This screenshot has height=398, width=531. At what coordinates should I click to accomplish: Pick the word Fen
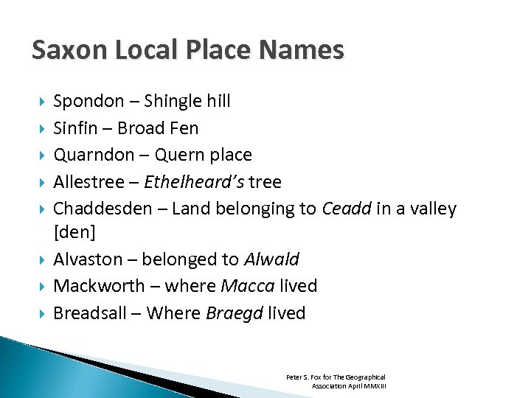184,128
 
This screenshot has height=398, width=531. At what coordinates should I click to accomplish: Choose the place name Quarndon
91,156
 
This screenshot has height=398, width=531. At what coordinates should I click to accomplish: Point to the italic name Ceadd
347,209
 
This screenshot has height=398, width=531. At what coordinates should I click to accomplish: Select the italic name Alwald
271,259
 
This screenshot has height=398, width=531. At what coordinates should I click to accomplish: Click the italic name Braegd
234,313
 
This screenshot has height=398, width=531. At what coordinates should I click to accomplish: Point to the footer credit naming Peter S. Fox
336,381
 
